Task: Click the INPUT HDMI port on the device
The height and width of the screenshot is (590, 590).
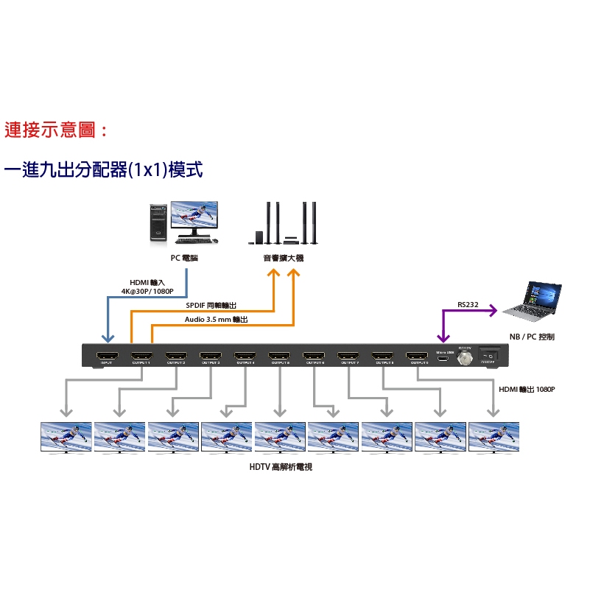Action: [107, 357]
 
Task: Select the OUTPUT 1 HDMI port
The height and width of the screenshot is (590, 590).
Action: [141, 357]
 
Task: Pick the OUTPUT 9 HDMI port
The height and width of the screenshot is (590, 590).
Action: [418, 357]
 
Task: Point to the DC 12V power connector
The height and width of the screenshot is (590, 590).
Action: [465, 358]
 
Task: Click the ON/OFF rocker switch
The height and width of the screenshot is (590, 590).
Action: [488, 355]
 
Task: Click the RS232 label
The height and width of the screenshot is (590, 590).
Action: [467, 304]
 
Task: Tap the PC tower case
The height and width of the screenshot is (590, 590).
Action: [158, 223]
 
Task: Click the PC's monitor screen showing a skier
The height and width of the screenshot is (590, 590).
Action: [194, 216]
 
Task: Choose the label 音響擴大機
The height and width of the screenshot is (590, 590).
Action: [284, 258]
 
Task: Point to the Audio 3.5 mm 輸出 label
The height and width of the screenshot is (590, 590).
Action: [216, 320]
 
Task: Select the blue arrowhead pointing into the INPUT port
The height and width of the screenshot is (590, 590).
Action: [108, 337]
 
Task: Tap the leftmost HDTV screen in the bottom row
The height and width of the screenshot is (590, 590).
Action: [66, 437]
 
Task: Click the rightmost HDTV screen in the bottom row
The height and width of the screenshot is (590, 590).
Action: [494, 437]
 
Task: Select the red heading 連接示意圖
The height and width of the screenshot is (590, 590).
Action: [56, 131]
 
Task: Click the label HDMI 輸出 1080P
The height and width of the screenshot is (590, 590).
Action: [527, 389]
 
